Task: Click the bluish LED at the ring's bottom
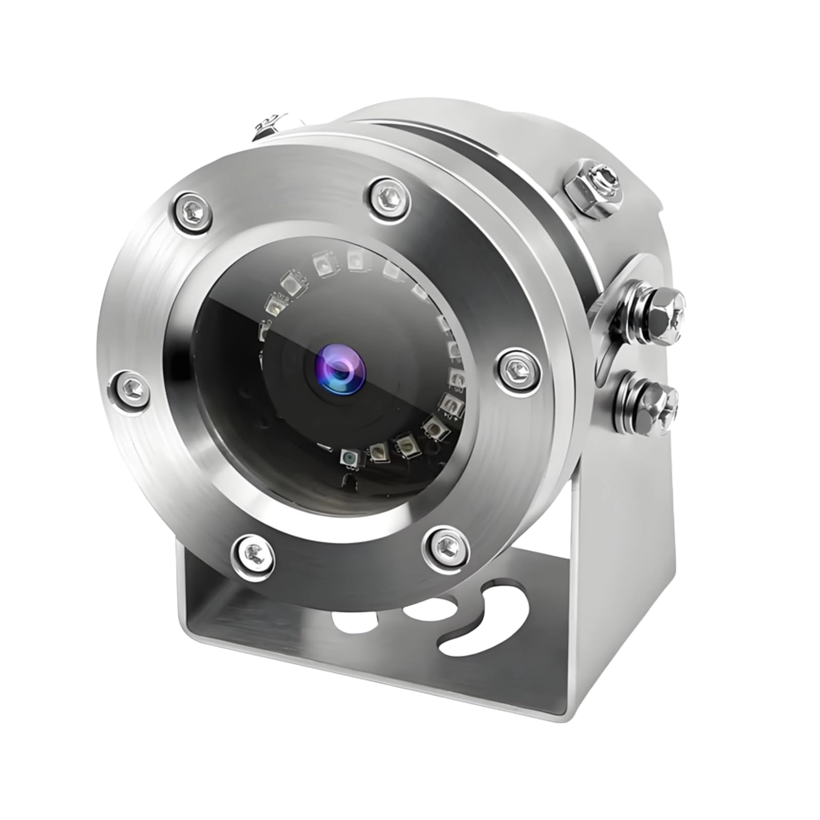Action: pos(351,456)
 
